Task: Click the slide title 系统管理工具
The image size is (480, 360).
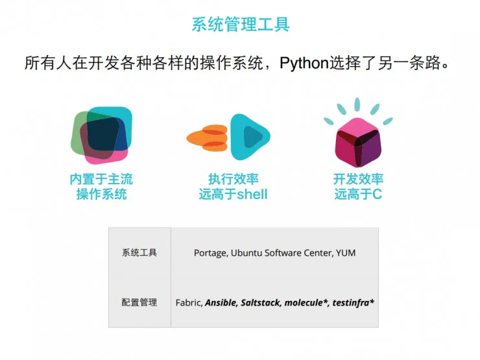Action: (x=240, y=25)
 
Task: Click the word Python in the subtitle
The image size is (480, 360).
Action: (x=305, y=64)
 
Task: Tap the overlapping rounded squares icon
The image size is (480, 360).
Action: (x=101, y=134)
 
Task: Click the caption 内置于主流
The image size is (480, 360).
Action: (x=101, y=179)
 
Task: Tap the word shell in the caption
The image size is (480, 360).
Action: (x=252, y=194)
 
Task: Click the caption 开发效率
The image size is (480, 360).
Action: (x=358, y=179)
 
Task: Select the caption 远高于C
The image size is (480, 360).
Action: (x=358, y=194)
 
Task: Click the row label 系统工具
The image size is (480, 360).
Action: (x=139, y=253)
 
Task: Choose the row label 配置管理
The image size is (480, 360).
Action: (x=139, y=302)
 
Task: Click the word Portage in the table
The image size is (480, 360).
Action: (x=210, y=253)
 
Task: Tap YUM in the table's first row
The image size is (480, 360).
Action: (x=346, y=253)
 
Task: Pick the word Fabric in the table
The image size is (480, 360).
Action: (x=189, y=302)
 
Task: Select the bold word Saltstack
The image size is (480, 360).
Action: (x=261, y=302)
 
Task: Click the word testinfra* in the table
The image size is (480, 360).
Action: (x=354, y=302)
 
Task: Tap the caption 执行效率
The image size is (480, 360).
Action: (x=233, y=179)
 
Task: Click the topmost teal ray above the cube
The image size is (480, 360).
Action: (x=357, y=104)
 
